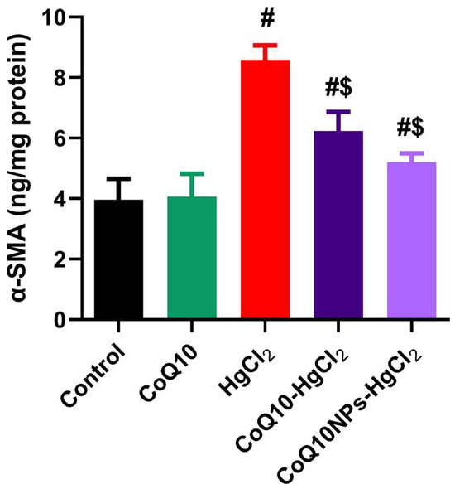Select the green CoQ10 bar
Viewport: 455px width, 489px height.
click(x=192, y=258)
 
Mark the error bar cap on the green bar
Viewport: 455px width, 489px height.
click(x=192, y=174)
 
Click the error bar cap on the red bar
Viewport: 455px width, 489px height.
click(x=266, y=45)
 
